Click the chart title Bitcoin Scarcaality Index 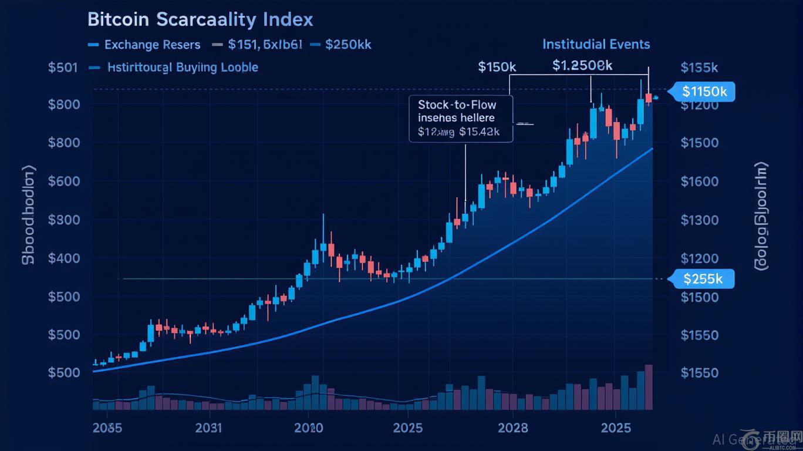(200, 19)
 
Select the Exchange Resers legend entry (152, 45)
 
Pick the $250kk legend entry (348, 45)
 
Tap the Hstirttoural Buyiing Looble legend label (183, 67)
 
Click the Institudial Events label (596, 44)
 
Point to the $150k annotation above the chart (497, 67)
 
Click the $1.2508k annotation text (582, 66)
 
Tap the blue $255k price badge (702, 279)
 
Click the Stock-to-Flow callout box (461, 119)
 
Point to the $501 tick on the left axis (63, 67)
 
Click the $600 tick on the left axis (63, 181)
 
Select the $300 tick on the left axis (63, 220)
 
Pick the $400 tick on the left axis (63, 258)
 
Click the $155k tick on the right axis (699, 67)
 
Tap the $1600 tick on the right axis (699, 181)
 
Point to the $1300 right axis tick (699, 220)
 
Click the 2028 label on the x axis (512, 428)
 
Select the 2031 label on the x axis (208, 428)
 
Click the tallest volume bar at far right (649, 387)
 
